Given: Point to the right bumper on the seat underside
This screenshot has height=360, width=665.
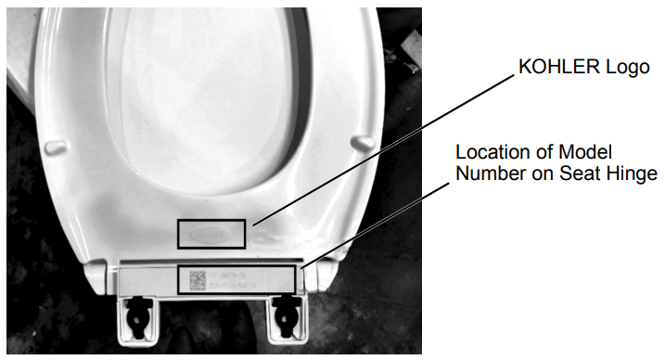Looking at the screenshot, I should point(363,141).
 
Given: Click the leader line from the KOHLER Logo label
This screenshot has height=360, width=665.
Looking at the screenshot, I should point(380,148).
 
